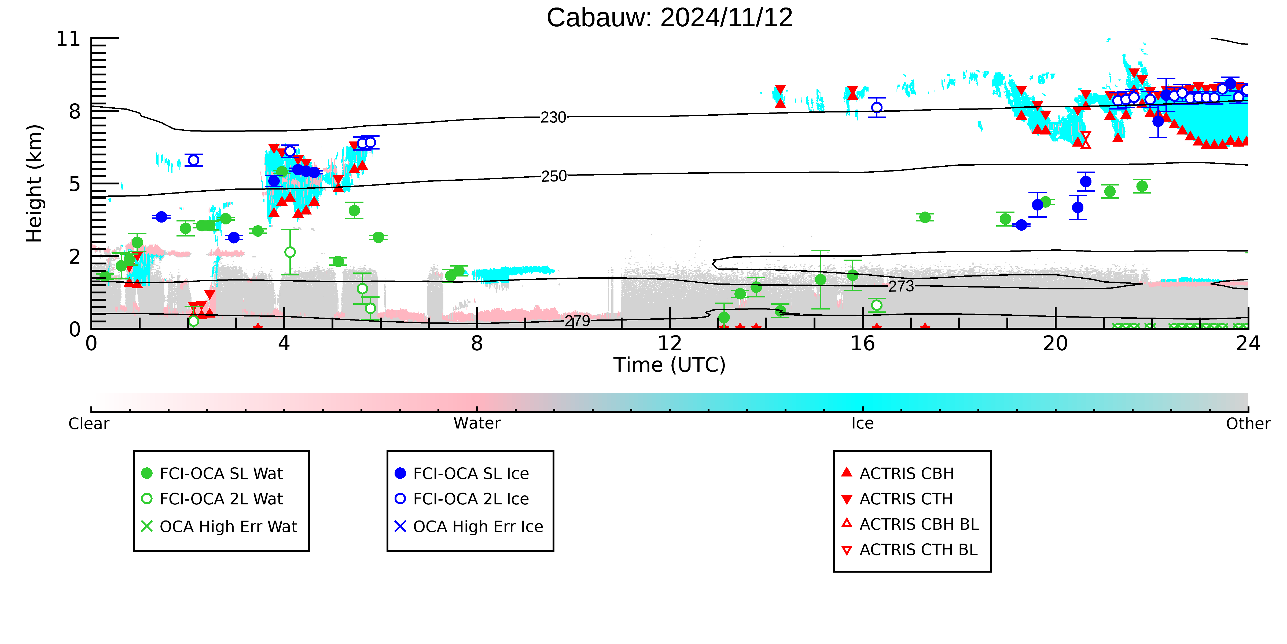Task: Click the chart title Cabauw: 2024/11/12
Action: pos(670,18)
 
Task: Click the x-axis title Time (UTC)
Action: pos(670,365)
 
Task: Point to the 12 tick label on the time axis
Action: pos(670,344)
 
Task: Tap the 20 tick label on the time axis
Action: pos(1055,344)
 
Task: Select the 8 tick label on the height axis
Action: pos(75,111)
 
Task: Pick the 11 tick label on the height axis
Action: pos(68,38)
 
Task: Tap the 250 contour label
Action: pos(554,176)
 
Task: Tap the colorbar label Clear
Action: pos(89,424)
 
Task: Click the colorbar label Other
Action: pos(1248,424)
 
